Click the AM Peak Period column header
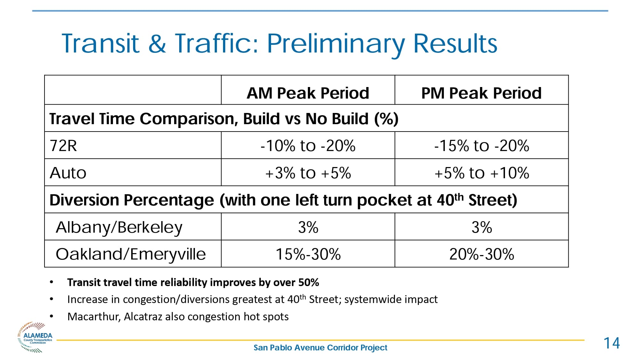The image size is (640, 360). [x=308, y=93]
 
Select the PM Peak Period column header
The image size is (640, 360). [x=481, y=93]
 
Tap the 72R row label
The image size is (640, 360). [x=63, y=146]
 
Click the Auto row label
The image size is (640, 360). [x=68, y=173]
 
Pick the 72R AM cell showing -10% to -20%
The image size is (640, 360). [x=308, y=146]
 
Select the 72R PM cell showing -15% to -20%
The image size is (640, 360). [x=481, y=146]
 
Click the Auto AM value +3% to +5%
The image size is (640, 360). [x=308, y=173]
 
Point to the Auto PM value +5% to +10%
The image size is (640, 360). [x=481, y=173]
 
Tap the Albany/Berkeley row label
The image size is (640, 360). [x=119, y=227]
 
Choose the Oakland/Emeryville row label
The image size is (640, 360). [x=131, y=254]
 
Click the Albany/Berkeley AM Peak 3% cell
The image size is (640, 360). [x=308, y=227]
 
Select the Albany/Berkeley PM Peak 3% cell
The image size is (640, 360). [x=481, y=227]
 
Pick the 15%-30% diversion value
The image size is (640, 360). [x=308, y=254]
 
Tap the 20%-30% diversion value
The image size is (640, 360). [x=481, y=254]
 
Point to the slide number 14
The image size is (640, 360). [x=612, y=343]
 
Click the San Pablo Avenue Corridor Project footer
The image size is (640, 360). [x=320, y=348]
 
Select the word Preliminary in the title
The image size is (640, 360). [x=336, y=44]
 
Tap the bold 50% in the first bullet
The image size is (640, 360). [x=308, y=282]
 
